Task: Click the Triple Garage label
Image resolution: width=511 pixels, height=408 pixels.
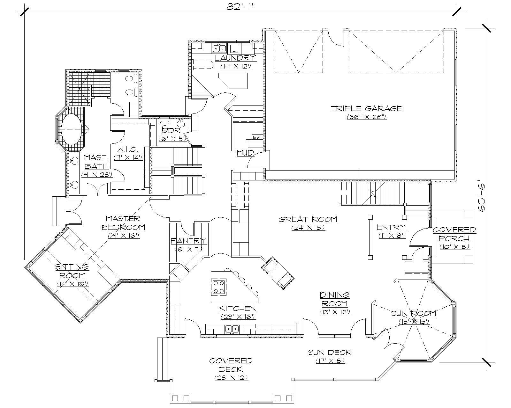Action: click(366, 108)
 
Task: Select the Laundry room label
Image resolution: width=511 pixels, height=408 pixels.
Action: click(235, 58)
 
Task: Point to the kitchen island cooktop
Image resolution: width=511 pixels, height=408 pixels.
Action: click(219, 286)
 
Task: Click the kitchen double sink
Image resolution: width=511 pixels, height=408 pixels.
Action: click(232, 328)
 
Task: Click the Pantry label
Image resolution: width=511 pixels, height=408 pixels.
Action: click(188, 241)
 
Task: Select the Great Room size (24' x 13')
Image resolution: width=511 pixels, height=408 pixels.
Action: click(308, 228)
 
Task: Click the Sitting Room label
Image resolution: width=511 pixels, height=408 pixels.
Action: click(72, 271)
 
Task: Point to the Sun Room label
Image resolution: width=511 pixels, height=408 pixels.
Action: click(414, 313)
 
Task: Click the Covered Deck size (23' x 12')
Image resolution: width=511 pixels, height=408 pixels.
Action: click(231, 378)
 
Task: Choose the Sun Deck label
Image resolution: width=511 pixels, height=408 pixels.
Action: click(330, 353)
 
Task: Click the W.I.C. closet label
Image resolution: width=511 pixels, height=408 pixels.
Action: click(127, 149)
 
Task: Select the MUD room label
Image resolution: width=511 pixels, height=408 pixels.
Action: click(245, 153)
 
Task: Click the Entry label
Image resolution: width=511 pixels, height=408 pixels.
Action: click(391, 227)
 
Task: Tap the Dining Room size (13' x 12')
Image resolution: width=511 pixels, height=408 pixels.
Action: click(335, 312)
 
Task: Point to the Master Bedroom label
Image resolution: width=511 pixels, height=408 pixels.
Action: click(123, 223)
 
